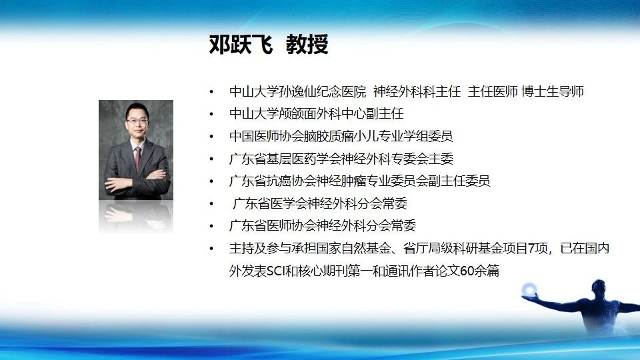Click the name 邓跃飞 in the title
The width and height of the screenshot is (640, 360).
tap(241, 45)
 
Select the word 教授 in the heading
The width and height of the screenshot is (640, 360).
tap(307, 45)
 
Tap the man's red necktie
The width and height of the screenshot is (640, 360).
tap(138, 157)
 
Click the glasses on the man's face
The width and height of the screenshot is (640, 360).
tap(137, 121)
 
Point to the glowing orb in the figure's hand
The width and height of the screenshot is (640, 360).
tap(529, 290)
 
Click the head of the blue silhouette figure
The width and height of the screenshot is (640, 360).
tap(599, 287)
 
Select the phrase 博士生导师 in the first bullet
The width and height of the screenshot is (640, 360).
tap(553, 91)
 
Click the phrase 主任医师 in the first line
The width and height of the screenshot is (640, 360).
tap(493, 91)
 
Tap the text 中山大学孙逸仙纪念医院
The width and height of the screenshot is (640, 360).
tap(298, 91)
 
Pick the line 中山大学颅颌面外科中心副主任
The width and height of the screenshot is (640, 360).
tap(317, 113)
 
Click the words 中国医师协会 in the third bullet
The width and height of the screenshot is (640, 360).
tap(267, 136)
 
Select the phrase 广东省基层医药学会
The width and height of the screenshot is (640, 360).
tap(285, 159)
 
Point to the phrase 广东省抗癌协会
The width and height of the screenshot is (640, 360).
tap(273, 181)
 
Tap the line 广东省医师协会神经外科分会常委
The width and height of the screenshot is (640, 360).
tap(323, 225)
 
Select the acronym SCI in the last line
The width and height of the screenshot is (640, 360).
tap(276, 271)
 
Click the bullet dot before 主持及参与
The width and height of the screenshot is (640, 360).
tap(211, 248)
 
